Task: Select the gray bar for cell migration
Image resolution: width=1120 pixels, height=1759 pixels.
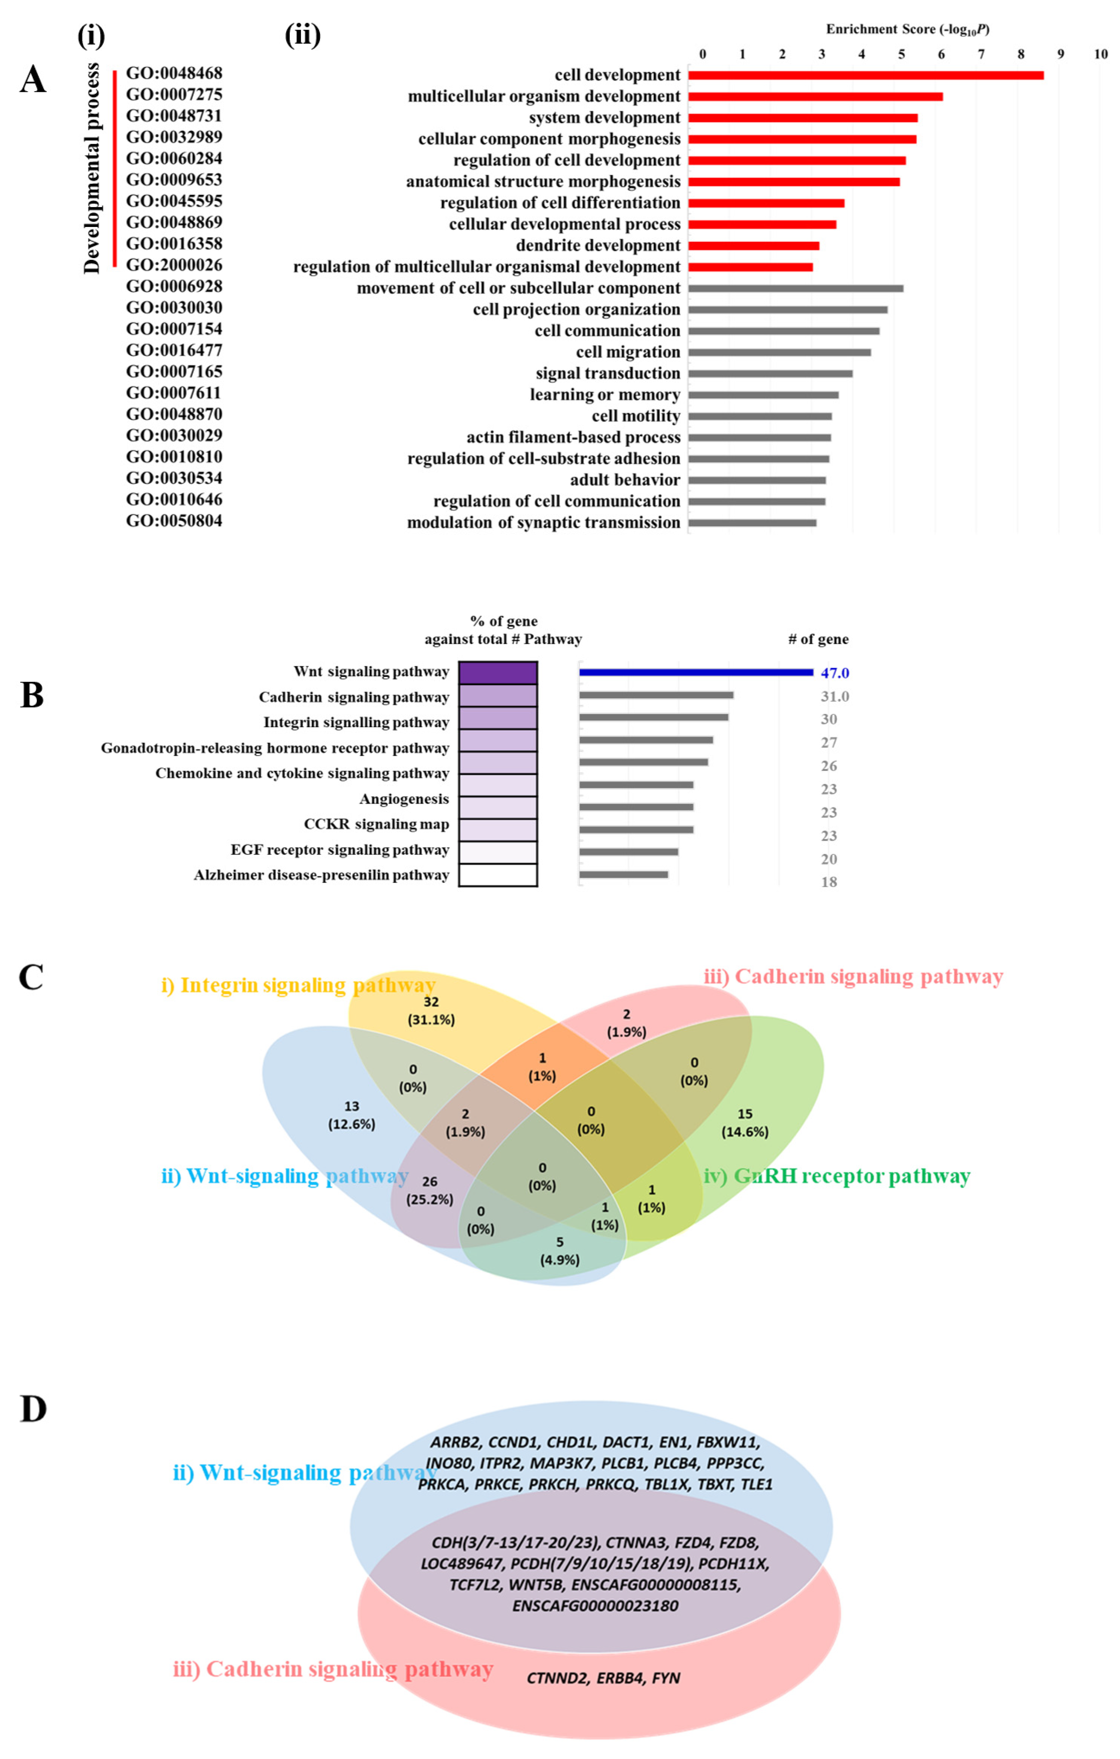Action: pyautogui.click(x=779, y=352)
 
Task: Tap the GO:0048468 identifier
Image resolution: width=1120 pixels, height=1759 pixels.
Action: pyautogui.click(x=174, y=73)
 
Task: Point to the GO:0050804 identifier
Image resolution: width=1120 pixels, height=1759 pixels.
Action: pyautogui.click(x=174, y=521)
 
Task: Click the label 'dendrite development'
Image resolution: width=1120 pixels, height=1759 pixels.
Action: pyautogui.click(x=597, y=245)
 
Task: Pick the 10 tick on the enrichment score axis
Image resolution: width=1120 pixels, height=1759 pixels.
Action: pyautogui.click(x=1100, y=53)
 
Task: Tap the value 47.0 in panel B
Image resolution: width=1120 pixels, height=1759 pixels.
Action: pyautogui.click(x=834, y=673)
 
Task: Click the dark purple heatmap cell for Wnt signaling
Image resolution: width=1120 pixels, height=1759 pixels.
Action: pyautogui.click(x=498, y=672)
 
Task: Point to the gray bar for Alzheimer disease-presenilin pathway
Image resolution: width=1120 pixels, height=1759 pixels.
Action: pyautogui.click(x=623, y=874)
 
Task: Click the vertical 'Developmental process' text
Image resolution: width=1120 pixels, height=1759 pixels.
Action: pyautogui.click(x=91, y=168)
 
